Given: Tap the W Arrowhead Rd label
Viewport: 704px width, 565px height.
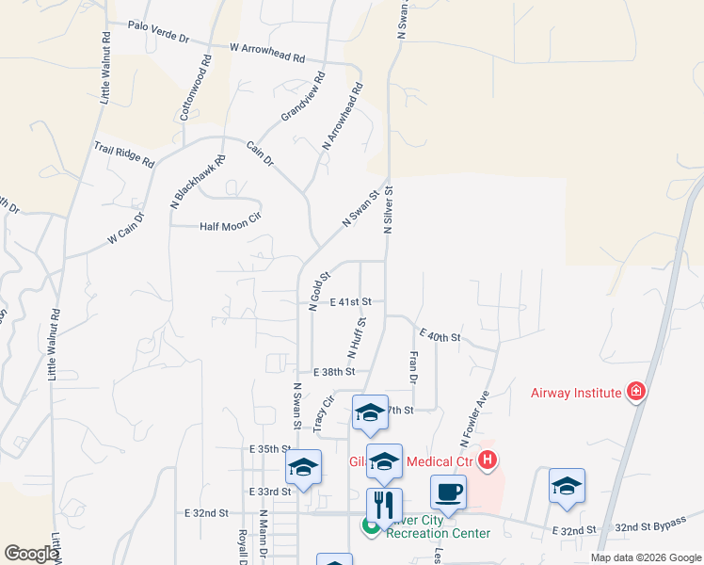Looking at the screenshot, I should click(267, 51).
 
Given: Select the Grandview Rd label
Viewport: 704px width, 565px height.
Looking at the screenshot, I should click(302, 97).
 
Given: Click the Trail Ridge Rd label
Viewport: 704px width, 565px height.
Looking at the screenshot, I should click(123, 153).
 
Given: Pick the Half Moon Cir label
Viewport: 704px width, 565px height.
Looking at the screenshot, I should click(230, 227).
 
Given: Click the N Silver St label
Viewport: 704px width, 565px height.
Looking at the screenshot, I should click(388, 209).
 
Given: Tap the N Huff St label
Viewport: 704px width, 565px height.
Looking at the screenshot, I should click(356, 337).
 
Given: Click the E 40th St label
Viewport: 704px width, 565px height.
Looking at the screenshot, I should click(440, 335).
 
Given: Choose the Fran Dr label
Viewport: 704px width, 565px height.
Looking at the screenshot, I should click(412, 366).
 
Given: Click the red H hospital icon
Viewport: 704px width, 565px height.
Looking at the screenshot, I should click(488, 460).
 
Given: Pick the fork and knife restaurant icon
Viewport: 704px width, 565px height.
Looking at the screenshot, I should click(384, 504).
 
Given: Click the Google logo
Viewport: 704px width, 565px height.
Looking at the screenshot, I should click(31, 553).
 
